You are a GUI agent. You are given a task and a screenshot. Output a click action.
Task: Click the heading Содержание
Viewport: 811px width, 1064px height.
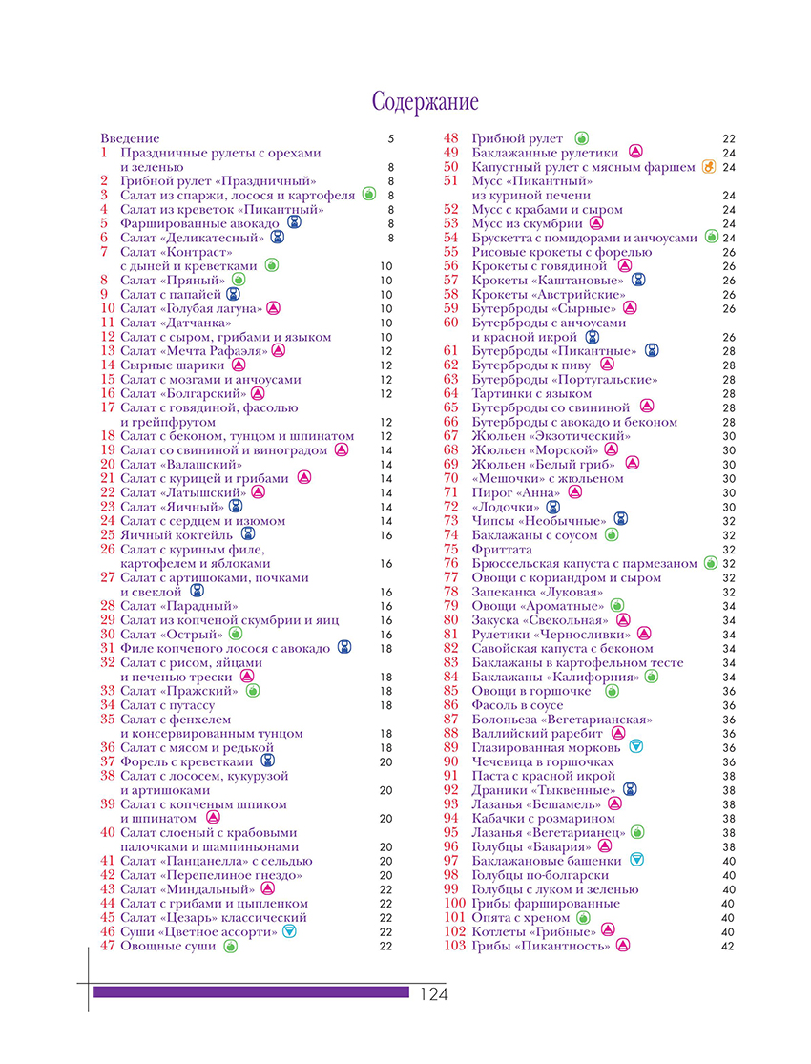(x=426, y=102)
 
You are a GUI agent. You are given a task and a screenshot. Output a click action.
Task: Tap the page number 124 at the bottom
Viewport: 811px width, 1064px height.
(x=433, y=994)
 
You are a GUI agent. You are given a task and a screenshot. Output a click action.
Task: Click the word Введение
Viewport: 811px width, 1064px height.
(x=130, y=138)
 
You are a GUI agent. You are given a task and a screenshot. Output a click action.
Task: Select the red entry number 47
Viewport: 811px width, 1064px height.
(x=107, y=946)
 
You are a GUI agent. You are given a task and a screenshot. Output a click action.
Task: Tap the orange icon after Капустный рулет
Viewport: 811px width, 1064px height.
(x=707, y=167)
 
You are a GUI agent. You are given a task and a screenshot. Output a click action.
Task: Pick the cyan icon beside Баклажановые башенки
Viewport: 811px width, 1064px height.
(x=637, y=860)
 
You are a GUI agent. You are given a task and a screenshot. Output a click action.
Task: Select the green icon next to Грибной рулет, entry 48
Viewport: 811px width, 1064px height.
(x=581, y=138)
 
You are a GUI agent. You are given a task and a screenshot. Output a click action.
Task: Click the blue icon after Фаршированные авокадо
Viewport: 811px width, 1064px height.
(x=295, y=223)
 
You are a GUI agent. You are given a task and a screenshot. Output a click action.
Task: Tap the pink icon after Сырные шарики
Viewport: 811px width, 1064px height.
(x=239, y=365)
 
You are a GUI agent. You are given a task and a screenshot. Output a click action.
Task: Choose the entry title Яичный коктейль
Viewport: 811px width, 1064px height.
(x=177, y=535)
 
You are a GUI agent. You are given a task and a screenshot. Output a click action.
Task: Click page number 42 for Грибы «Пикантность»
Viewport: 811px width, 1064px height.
(x=729, y=946)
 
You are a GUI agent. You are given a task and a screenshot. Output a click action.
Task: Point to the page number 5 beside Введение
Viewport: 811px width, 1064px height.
(x=390, y=138)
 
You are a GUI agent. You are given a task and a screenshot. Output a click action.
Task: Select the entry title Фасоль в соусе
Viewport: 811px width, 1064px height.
(x=516, y=704)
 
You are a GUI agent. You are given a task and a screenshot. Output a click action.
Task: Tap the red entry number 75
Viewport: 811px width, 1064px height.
(x=451, y=549)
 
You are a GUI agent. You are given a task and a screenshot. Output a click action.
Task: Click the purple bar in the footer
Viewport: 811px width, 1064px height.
(x=251, y=992)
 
